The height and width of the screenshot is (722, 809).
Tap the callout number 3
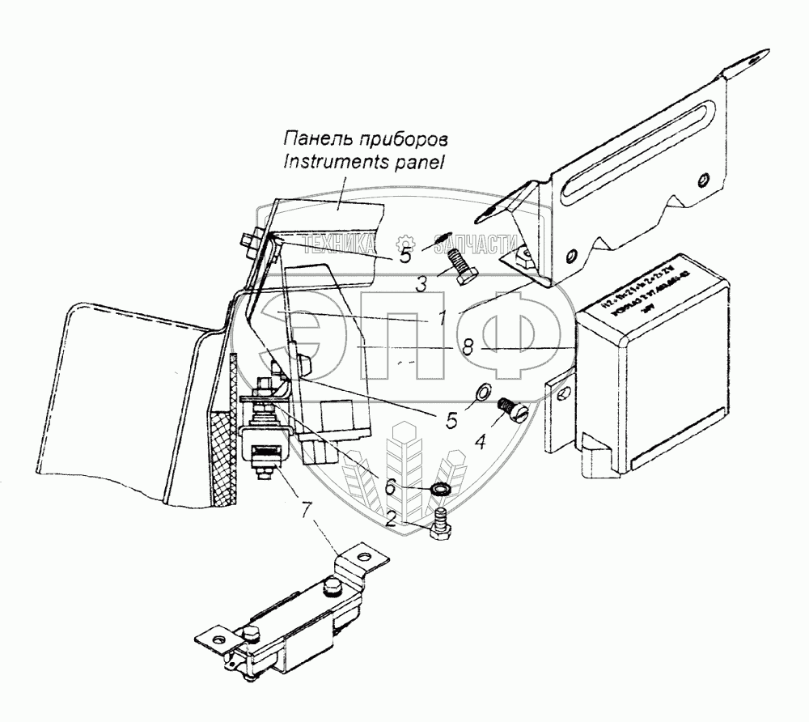421,283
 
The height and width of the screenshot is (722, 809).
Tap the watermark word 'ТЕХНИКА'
339,242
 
